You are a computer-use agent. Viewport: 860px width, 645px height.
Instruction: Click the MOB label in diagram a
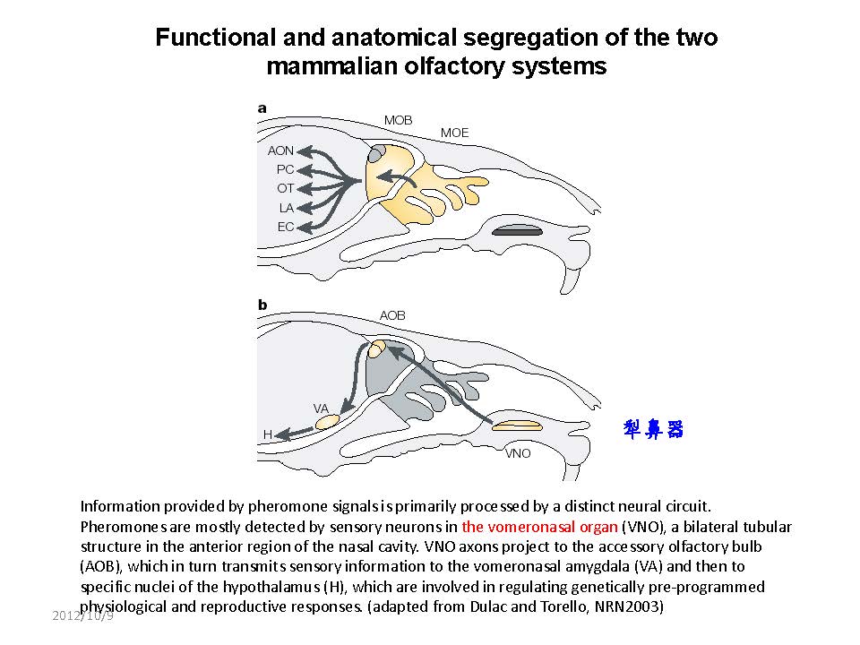[x=399, y=120]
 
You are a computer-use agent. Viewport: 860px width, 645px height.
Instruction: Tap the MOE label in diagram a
[x=454, y=133]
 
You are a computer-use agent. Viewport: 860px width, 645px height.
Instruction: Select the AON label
[x=280, y=150]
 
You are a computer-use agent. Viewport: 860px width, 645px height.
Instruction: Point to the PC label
[x=285, y=169]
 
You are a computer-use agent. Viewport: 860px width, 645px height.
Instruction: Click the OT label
[x=285, y=188]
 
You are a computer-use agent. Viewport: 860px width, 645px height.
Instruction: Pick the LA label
[x=286, y=208]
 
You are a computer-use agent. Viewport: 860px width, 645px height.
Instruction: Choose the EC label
[x=285, y=227]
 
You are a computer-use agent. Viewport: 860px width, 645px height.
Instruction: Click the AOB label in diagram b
[x=392, y=315]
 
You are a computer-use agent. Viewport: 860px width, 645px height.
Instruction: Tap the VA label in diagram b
[x=321, y=408]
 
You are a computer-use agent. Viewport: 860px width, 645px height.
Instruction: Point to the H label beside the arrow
[x=267, y=434]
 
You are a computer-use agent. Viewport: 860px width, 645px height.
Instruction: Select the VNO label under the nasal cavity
[x=518, y=453]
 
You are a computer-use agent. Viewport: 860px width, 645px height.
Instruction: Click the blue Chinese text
[x=653, y=430]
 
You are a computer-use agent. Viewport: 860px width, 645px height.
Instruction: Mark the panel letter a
[x=262, y=107]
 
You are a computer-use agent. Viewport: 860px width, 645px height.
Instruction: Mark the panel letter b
[x=262, y=305]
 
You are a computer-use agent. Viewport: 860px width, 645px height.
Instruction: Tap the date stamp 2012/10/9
[x=82, y=616]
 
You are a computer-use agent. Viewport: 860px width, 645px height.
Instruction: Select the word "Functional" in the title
[x=212, y=38]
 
